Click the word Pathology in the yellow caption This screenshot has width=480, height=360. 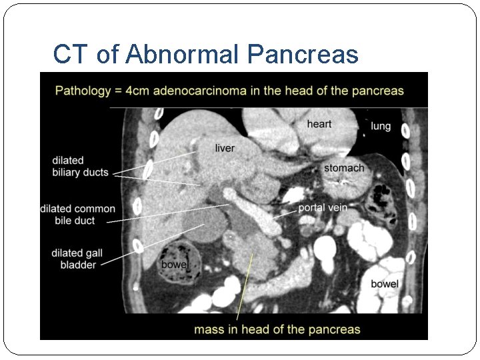tap(83, 90)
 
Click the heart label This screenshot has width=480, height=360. tap(319, 124)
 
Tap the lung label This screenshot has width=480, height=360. tap(381, 126)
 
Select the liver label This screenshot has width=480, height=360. tap(225, 147)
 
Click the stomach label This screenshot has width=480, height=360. tap(344, 168)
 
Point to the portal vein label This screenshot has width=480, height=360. tap(323, 207)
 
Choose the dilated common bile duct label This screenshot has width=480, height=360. tap(77, 215)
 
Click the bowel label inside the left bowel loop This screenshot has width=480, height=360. tap(175, 265)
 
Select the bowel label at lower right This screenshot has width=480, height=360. tap(385, 284)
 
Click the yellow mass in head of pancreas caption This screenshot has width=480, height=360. tap(277, 329)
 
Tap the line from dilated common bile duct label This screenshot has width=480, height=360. tap(167, 213)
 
